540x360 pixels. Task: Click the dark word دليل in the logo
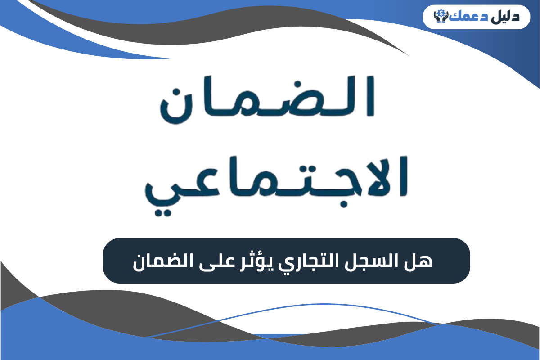[x=507, y=17]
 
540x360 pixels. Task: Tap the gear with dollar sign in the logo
[x=439, y=13]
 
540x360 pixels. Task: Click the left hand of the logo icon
[x=436, y=18]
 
